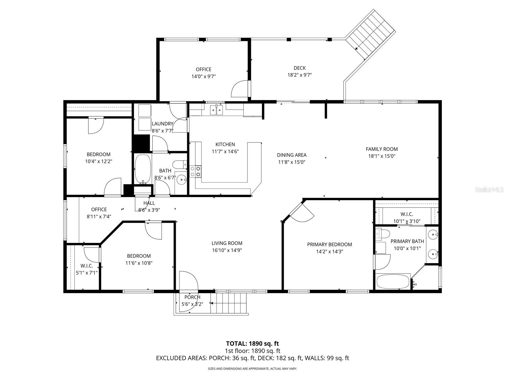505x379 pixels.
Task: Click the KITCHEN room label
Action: click(225, 144)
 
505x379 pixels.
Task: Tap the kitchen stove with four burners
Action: click(195, 171)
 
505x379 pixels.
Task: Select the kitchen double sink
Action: click(217, 110)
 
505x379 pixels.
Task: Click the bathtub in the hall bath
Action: click(143, 169)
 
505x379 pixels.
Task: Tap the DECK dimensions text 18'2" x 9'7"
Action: click(299, 75)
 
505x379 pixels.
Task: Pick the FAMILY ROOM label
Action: click(382, 149)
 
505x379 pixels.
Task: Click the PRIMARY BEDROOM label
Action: click(330, 244)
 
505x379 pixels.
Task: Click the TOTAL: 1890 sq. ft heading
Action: click(252, 343)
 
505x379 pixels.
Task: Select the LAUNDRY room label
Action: click(163, 123)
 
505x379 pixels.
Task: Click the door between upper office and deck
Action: click(241, 89)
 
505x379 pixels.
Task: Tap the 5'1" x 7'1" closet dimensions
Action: click(86, 273)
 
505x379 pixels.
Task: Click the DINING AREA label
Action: click(292, 155)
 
